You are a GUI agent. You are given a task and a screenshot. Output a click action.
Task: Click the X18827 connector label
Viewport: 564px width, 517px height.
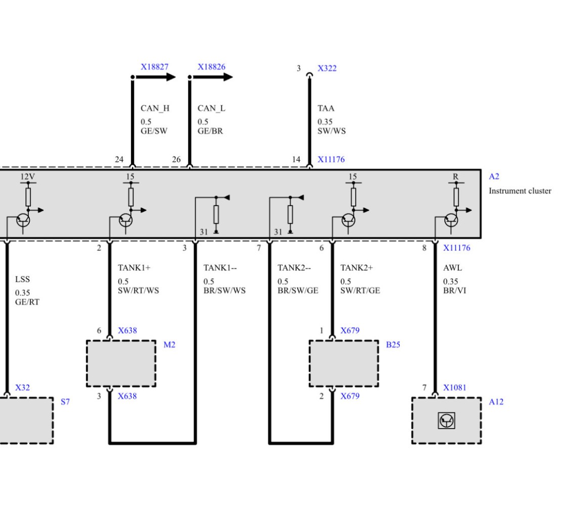point(154,67)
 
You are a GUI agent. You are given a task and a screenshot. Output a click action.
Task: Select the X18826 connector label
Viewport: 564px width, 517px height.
point(211,67)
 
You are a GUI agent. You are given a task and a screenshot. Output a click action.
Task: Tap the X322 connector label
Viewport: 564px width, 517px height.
point(327,68)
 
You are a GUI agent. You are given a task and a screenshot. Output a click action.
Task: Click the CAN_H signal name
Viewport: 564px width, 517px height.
point(155,109)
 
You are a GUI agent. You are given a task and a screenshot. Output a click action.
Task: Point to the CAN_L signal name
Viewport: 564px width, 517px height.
point(211,109)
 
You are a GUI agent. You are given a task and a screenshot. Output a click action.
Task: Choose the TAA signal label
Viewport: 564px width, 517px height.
point(326,109)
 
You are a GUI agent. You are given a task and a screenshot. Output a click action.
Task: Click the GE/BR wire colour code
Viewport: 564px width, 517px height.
point(210,131)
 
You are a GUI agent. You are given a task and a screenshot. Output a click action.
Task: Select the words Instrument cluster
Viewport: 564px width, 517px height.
point(520,191)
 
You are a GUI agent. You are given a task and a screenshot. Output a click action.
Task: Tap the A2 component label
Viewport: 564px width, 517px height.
point(494,176)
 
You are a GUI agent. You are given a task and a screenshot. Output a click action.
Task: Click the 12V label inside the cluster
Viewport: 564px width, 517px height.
point(28,176)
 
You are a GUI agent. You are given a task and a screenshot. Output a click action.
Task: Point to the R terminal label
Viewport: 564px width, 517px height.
point(456,177)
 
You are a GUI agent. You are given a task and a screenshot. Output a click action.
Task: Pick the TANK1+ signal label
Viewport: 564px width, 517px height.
point(134,268)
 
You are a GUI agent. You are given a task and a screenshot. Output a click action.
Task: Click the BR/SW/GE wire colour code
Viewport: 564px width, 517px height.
point(298,291)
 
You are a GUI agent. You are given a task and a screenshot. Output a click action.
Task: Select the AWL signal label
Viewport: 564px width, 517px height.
point(452,268)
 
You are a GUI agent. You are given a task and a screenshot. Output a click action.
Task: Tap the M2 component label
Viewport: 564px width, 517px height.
point(169,345)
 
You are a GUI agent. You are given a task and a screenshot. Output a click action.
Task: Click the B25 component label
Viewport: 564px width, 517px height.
point(393,345)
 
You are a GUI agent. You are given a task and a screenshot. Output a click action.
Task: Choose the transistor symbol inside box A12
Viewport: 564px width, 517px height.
point(446,421)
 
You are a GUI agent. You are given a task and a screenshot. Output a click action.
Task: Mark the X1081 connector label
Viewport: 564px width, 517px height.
point(455,388)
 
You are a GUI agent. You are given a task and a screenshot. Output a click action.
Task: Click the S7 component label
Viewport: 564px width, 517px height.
point(65,402)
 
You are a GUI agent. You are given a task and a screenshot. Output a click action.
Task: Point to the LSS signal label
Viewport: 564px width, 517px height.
point(22,280)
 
